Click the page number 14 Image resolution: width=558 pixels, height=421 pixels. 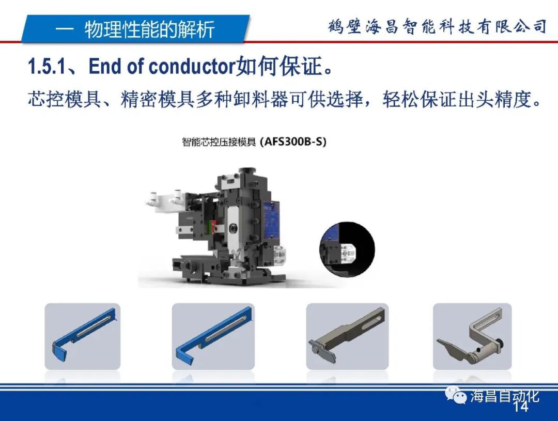[521, 407]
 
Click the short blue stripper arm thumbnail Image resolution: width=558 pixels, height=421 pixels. [83, 335]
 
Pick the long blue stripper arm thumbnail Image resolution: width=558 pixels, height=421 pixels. [213, 335]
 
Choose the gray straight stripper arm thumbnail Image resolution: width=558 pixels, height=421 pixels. [347, 335]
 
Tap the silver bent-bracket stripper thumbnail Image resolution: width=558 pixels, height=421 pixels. [472, 335]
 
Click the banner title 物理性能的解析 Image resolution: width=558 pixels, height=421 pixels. [149, 29]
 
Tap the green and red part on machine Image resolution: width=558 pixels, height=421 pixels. [212, 227]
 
